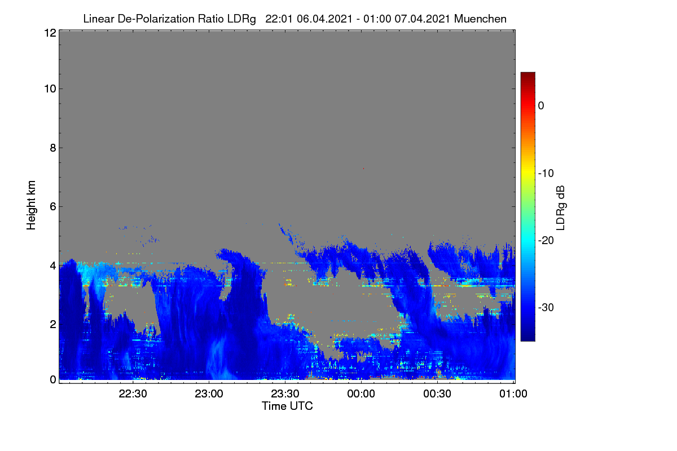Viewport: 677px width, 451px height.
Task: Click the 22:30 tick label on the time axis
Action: point(133,393)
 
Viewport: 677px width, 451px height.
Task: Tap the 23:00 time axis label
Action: point(209,393)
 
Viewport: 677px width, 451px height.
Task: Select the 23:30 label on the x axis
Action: point(285,393)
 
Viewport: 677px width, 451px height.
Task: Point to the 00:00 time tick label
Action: point(361,393)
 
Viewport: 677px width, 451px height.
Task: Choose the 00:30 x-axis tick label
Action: point(437,393)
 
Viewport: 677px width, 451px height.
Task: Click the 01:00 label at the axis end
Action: point(513,393)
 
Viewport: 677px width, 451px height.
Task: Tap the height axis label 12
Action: point(50,33)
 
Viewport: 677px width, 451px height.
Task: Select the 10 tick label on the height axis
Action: point(50,89)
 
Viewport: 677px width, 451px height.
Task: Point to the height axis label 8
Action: point(53,148)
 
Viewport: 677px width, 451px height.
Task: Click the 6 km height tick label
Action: point(53,207)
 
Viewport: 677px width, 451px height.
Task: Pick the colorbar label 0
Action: point(541,106)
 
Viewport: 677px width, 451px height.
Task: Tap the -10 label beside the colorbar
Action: point(546,174)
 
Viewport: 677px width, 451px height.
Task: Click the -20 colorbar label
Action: point(546,241)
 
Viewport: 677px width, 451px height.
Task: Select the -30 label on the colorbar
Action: point(546,307)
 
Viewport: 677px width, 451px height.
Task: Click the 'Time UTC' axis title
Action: point(287,406)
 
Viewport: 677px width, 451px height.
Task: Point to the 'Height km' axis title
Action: point(31,205)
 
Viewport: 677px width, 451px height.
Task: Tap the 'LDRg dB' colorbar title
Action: point(560,208)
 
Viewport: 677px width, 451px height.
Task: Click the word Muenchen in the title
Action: point(480,19)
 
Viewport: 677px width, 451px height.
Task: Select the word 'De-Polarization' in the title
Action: point(156,19)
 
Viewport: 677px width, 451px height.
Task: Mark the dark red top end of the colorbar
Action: point(527,73)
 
